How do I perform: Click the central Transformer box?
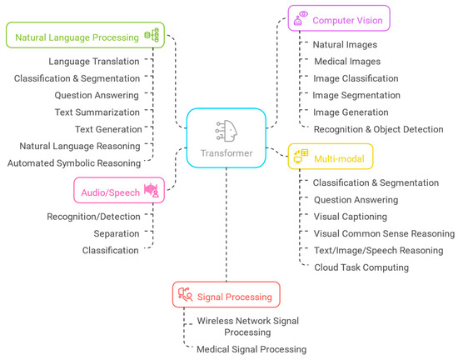(226, 138)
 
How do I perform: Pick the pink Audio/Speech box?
(118, 191)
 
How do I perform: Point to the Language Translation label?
(93, 61)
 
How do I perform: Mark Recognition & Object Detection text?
(378, 129)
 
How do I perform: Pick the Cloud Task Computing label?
(361, 267)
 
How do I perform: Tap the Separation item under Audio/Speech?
(116, 233)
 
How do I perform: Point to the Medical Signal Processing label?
(251, 349)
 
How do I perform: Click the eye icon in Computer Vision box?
(304, 14)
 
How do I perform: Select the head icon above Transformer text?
(226, 129)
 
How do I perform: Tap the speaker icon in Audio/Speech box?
(151, 191)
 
